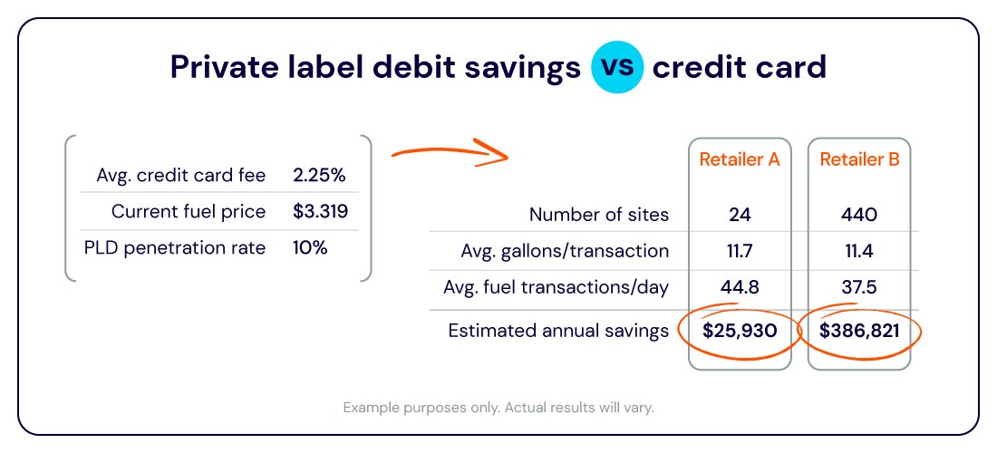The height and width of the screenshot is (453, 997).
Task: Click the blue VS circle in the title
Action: pos(618,68)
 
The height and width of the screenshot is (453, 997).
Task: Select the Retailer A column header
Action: pos(740,159)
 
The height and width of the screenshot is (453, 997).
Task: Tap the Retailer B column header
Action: pos(859,159)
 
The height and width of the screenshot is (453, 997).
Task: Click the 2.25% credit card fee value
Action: pos(319,175)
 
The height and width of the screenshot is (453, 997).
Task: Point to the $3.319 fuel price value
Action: pos(320,211)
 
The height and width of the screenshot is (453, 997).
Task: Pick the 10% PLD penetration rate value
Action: pos(310,247)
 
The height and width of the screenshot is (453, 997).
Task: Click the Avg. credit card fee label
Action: pos(180,175)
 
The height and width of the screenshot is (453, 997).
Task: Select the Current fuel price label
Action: pos(189,211)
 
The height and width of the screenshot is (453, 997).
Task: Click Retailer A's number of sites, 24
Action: pos(740,215)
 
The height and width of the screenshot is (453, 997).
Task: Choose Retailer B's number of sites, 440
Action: pos(859,215)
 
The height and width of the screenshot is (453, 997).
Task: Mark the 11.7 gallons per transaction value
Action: pos(740,251)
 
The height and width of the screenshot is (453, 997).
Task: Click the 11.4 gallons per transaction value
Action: pos(859,251)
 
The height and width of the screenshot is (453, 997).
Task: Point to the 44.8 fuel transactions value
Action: pos(740,287)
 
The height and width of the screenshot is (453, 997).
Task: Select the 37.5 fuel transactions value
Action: pos(859,287)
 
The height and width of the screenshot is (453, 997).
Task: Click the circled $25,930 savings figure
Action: pos(740,331)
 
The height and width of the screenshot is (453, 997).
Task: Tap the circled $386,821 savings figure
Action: pos(859,331)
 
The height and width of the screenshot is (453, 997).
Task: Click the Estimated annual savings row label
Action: pos(558,331)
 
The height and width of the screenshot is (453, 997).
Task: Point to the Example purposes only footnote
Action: pos(498,407)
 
